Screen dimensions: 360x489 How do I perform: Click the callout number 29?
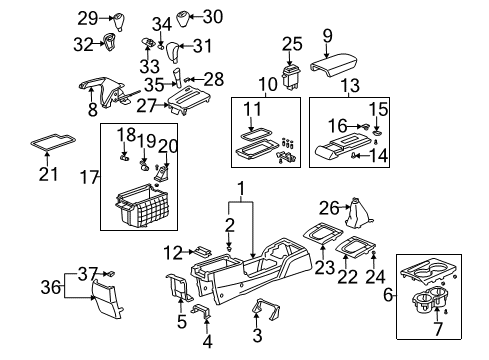point(88,17)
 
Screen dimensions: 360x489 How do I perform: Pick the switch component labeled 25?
point(292,75)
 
